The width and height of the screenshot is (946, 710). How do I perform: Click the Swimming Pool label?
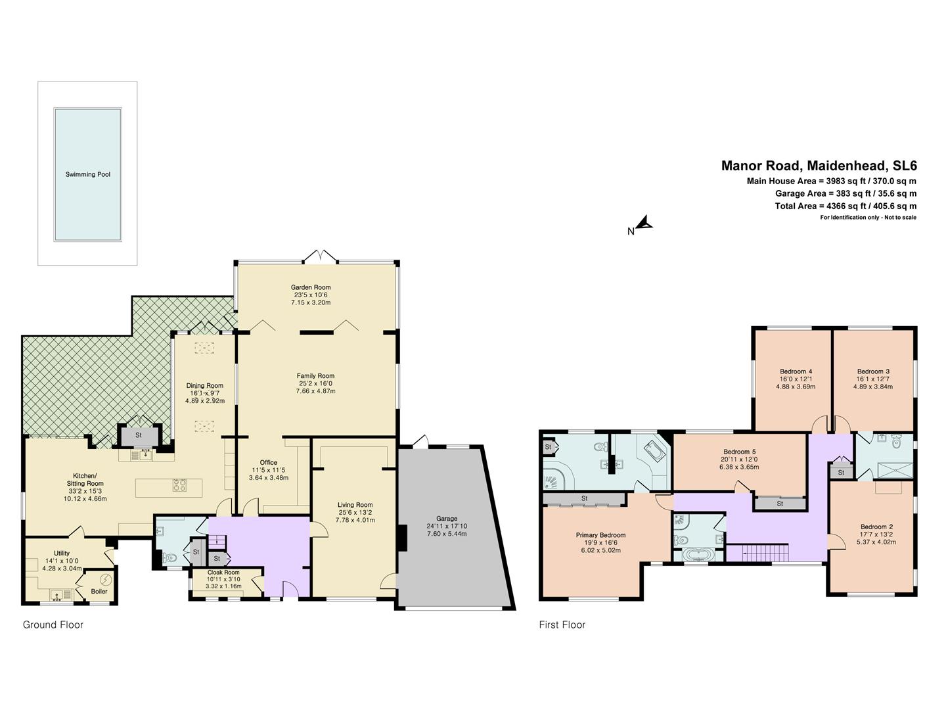coord(87,174)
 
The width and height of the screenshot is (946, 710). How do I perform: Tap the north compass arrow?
coord(645,224)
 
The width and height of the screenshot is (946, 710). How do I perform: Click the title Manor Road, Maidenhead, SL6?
coord(819,166)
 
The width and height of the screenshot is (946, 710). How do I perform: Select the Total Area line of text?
coord(845,206)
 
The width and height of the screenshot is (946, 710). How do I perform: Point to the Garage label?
coord(446,518)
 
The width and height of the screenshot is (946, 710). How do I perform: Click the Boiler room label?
coord(99,591)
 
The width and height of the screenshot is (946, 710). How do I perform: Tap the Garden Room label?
coord(311,287)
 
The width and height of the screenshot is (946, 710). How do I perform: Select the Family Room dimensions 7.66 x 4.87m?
coord(315,391)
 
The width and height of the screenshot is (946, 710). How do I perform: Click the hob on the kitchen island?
coord(180,486)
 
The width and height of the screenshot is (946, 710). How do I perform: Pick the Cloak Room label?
coord(223,572)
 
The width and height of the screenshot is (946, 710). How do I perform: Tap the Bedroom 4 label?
coord(796,371)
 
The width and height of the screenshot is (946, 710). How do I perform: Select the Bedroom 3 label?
coord(873,371)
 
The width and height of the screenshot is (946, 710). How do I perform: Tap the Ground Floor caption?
coord(53,625)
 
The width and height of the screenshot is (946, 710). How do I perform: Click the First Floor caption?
coord(562,625)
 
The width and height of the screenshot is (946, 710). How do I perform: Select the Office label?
coord(268,462)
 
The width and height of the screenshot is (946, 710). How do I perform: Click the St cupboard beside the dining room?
coord(139,435)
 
